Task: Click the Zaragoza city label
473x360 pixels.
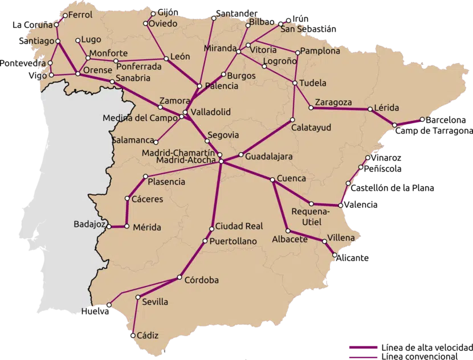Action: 333,103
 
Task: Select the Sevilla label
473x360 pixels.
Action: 155,302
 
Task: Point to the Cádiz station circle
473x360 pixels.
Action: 133,336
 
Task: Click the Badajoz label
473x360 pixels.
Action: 90,224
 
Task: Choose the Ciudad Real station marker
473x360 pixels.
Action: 211,229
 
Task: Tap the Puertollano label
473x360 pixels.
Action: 233,242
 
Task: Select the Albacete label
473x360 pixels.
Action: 289,239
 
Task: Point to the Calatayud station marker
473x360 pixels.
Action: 292,120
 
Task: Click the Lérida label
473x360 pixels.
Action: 387,108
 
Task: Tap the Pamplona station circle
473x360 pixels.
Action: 298,51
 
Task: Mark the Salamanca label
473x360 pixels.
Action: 133,140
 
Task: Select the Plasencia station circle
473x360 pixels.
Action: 146,176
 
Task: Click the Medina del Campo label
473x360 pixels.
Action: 140,118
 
